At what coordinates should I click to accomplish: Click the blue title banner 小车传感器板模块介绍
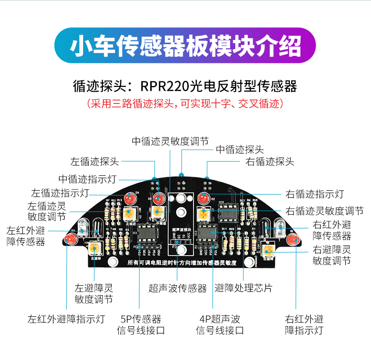click(185, 46)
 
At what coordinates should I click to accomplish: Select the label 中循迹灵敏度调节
click(170, 141)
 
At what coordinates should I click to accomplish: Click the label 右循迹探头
click(271, 162)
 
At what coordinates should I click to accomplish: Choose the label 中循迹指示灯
click(87, 179)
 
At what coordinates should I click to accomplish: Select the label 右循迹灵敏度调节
click(325, 211)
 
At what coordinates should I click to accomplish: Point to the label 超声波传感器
click(178, 288)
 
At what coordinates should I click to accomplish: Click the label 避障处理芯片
click(243, 288)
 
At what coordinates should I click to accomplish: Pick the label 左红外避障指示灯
click(66, 319)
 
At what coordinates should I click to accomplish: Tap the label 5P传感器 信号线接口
click(141, 324)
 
